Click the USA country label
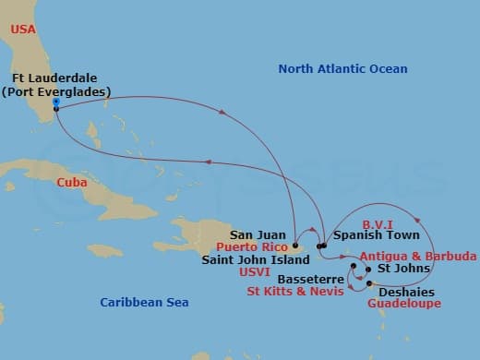coord(24,30)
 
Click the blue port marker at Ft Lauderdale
coord(56,102)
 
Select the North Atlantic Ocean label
coord(342,69)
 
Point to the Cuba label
coord(72,183)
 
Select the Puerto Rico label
coord(251,247)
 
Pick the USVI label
coord(276,272)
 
